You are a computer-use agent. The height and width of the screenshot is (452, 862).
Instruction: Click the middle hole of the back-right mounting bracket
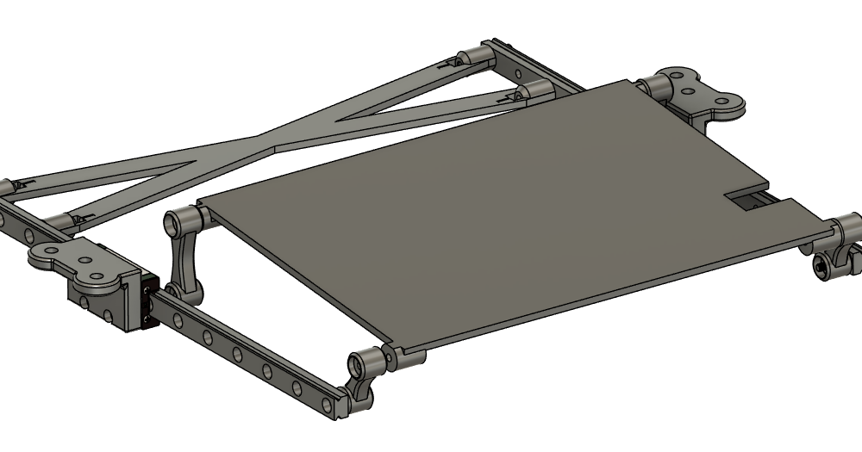point(689,89)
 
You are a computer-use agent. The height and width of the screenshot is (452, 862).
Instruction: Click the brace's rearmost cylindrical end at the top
point(472,58)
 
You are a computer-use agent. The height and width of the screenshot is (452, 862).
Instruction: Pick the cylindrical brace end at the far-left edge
point(8,188)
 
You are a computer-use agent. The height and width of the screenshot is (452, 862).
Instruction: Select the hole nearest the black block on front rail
point(178,320)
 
